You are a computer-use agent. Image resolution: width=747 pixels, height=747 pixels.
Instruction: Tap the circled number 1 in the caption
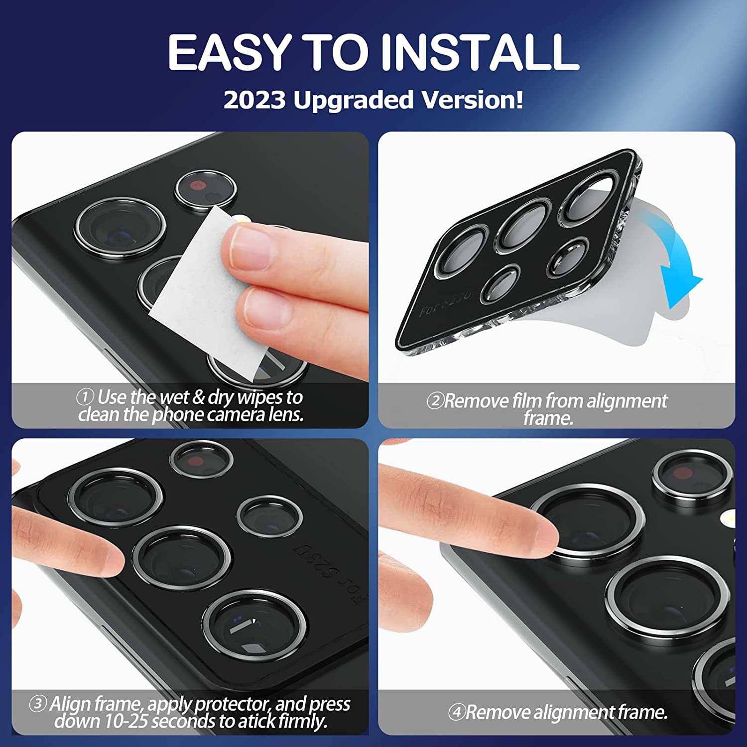coord(85,397)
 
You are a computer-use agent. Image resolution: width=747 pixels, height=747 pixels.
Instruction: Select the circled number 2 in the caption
coord(435,400)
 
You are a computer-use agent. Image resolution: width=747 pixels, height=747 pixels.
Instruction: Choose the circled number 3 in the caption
coord(37,704)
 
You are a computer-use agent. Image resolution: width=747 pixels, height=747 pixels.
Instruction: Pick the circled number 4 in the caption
coord(456,712)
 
